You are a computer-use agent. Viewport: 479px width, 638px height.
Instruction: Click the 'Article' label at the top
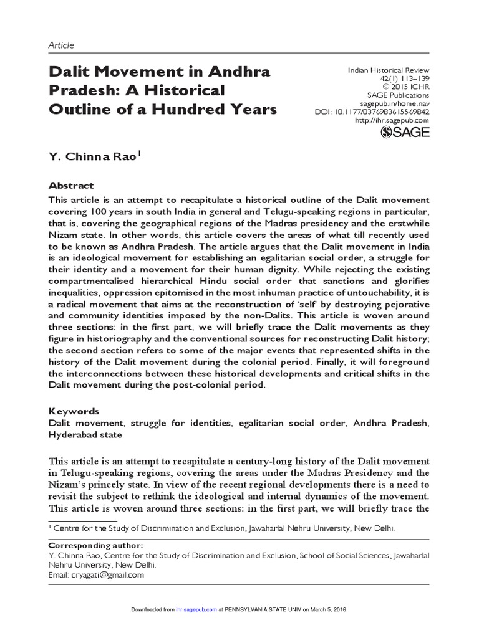pyautogui.click(x=61, y=45)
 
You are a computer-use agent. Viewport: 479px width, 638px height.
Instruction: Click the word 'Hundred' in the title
pyautogui.click(x=184, y=110)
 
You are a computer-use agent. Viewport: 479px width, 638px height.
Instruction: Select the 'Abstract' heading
pyautogui.click(x=71, y=186)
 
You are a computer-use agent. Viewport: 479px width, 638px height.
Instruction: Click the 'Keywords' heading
pyautogui.click(x=74, y=412)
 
